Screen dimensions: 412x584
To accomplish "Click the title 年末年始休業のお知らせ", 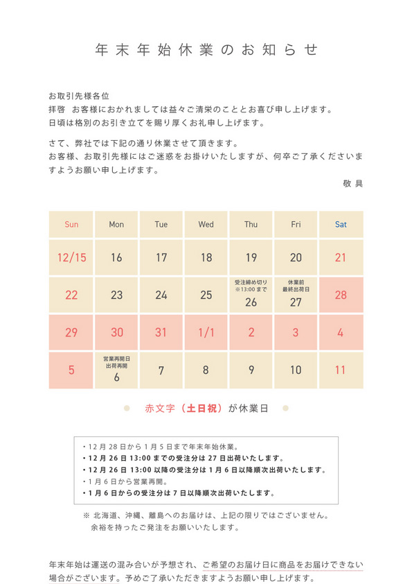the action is [206, 50].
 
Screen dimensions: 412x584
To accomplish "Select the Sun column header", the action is [71, 225].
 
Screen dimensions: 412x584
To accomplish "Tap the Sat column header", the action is [341, 225].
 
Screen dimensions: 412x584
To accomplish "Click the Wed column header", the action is [206, 225].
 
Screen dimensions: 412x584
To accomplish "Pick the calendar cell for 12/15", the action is [71, 258].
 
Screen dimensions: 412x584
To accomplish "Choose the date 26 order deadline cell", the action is [251, 295].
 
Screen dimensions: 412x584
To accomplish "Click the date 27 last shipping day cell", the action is [296, 295].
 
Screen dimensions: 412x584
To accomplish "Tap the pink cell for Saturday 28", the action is [341, 295].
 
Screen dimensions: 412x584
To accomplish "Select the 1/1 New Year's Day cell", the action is [206, 332].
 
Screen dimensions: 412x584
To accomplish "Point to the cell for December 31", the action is [161, 332].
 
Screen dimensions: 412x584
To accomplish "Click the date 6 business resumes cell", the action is [116, 370].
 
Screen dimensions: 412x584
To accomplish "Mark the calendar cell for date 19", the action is [251, 258].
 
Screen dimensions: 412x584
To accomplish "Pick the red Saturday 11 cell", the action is [341, 370].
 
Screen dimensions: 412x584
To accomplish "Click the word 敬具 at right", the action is [352, 184].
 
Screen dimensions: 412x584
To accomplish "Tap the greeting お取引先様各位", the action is [79, 96].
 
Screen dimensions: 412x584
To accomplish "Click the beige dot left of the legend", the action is [127, 409].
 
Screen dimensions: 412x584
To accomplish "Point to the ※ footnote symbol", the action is [86, 515].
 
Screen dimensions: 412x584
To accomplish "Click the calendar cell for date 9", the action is [251, 370].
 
